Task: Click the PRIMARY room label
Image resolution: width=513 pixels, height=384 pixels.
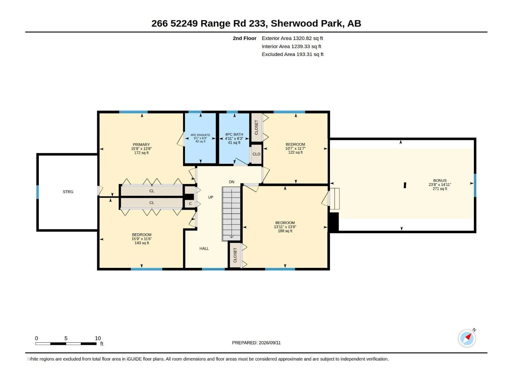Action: pos(141,145)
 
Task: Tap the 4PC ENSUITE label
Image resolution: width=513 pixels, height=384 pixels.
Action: pos(200,135)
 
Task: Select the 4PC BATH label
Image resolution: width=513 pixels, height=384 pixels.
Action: pos(234,134)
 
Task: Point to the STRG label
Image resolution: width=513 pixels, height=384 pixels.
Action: pos(68,192)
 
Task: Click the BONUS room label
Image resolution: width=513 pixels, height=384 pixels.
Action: pos(440,180)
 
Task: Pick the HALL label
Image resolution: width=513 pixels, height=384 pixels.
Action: pos(204,249)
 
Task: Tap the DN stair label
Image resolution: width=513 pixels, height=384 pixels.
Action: pos(231,182)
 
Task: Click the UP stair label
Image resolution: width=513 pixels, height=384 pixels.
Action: pos(211,197)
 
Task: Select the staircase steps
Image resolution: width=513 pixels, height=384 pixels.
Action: pos(231,214)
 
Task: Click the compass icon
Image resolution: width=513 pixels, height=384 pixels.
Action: pos(467,338)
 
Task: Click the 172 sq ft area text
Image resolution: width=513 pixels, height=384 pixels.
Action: pos(141,153)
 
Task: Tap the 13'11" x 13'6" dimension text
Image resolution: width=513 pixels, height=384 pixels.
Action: pos(285,227)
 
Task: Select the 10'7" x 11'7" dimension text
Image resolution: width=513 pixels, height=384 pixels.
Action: pos(295,148)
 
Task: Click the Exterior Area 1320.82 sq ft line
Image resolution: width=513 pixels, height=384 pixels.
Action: pos(292,38)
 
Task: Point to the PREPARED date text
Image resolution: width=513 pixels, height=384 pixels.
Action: pos(256,343)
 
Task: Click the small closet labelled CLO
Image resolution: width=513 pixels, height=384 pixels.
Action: pos(256,154)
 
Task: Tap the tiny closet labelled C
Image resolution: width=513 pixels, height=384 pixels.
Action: pos(190,204)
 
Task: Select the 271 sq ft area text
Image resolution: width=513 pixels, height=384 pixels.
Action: pos(440,188)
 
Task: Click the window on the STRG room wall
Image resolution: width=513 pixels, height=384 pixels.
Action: pos(38,192)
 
